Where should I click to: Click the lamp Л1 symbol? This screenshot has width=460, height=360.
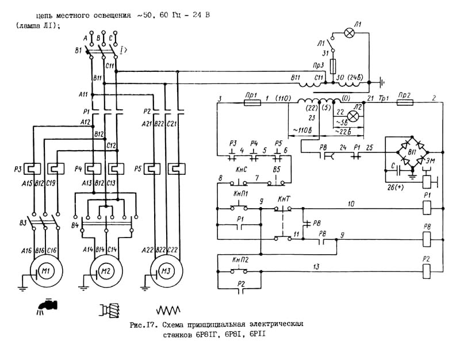coord(348,33)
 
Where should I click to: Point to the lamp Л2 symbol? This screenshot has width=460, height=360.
coord(354,116)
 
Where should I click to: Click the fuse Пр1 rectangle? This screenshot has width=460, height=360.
coord(251,103)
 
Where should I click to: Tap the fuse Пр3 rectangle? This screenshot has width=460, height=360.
coord(333,68)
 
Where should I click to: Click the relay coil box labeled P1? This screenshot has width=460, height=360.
coord(427,208)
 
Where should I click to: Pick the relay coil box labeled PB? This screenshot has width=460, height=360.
coord(427,236)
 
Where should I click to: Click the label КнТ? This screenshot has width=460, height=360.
coord(283,199)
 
